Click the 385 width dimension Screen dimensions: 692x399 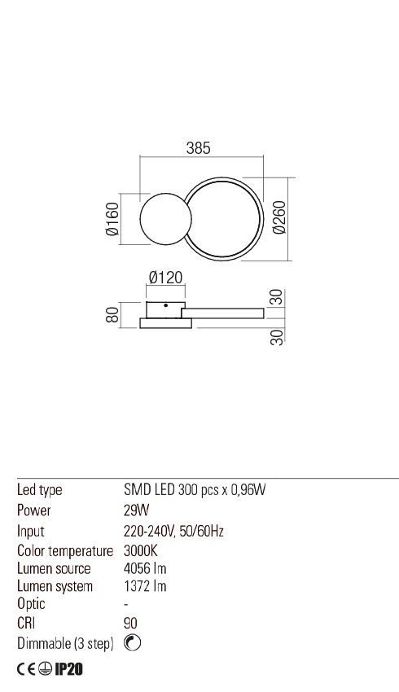point(199,148)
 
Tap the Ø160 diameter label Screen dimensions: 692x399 point(112,219)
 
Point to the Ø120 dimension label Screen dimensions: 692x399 point(164,278)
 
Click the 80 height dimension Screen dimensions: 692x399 point(112,314)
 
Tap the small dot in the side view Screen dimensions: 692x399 point(165,305)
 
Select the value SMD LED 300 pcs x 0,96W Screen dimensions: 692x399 point(195,491)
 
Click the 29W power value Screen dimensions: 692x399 point(134,511)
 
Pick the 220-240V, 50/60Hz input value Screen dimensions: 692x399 point(173,531)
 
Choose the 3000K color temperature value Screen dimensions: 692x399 point(141,550)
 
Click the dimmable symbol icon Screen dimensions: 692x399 point(133,643)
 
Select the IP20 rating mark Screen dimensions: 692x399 point(69,670)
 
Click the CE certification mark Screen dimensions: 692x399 point(26,670)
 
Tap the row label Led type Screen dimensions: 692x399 point(40,491)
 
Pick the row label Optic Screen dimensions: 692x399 point(31,605)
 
